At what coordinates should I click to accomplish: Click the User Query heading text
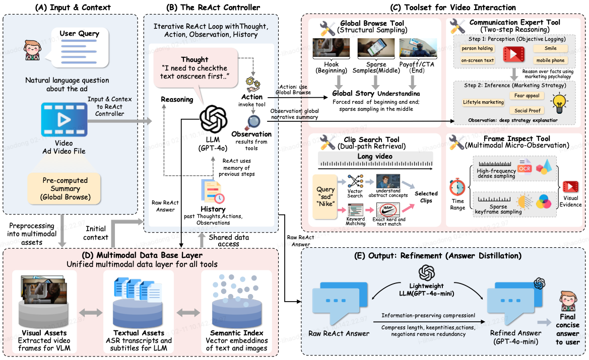pyautogui.click(x=80, y=34)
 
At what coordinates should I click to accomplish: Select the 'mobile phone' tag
pyautogui.click(x=550, y=60)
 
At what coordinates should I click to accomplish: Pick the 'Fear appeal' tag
pyautogui.click(x=526, y=95)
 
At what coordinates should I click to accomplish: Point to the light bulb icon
pyautogui.click(x=559, y=102)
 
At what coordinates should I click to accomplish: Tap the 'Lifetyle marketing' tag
pyautogui.click(x=483, y=102)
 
